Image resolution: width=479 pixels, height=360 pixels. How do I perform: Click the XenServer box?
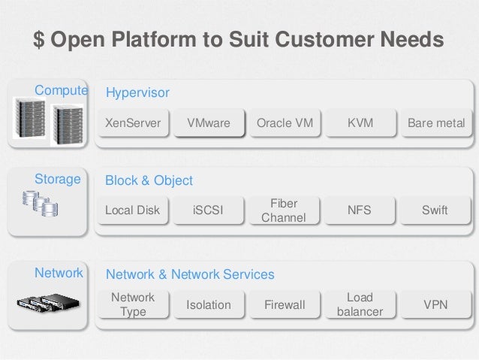click(x=133, y=123)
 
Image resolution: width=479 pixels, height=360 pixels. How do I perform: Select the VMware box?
click(x=209, y=123)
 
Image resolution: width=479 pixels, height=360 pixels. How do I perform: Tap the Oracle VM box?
click(x=285, y=123)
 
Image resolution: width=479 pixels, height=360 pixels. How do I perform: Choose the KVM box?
click(x=360, y=123)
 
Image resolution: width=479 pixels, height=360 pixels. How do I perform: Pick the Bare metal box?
click(x=435, y=123)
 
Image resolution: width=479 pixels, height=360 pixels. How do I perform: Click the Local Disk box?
click(x=133, y=210)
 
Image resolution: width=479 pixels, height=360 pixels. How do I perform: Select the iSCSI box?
click(x=209, y=210)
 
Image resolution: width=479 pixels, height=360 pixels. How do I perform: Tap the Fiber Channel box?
click(x=284, y=210)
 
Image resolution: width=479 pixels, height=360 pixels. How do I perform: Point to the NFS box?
click(x=360, y=210)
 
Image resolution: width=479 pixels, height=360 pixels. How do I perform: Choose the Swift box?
click(x=435, y=210)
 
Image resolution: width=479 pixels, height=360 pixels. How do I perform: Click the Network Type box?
click(x=133, y=304)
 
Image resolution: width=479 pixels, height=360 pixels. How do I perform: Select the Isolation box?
click(x=209, y=304)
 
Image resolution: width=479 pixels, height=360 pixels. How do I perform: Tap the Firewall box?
click(x=285, y=304)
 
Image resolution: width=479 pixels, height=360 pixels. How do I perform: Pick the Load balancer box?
click(x=360, y=304)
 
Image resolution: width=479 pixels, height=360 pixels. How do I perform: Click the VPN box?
click(x=435, y=304)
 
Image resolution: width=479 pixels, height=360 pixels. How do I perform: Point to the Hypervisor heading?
click(x=137, y=92)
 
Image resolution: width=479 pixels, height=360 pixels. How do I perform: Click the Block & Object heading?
click(x=149, y=180)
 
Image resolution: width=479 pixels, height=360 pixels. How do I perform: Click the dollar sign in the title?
click(x=38, y=38)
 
